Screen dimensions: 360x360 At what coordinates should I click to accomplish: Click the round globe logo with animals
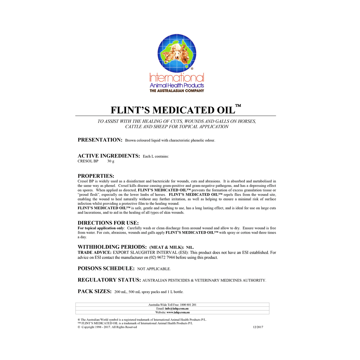tap(176, 53)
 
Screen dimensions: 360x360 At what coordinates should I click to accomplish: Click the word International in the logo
tap(177, 77)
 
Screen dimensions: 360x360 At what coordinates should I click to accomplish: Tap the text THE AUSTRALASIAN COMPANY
tap(177, 91)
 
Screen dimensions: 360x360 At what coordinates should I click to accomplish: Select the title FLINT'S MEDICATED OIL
tap(173, 110)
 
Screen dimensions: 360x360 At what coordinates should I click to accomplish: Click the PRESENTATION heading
tap(100, 140)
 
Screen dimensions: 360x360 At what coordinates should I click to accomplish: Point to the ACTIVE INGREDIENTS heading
tap(109, 156)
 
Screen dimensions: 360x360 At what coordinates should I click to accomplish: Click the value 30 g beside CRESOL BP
tap(111, 161)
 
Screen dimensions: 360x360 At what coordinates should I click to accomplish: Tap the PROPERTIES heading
tap(96, 176)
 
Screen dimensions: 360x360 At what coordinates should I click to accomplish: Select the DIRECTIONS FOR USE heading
tap(108, 223)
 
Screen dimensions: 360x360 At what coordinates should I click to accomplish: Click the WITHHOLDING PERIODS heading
tap(112, 247)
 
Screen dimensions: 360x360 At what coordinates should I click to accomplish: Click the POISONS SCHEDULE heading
tap(106, 269)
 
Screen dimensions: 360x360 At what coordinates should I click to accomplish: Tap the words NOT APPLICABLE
tap(154, 269)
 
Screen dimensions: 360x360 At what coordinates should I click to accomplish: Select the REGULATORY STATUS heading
tap(109, 280)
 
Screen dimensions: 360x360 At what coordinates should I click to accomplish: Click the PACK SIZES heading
tap(94, 291)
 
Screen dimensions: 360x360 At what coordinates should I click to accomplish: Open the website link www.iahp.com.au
tap(178, 312)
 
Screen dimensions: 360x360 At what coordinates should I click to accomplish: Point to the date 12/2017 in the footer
tap(258, 327)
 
